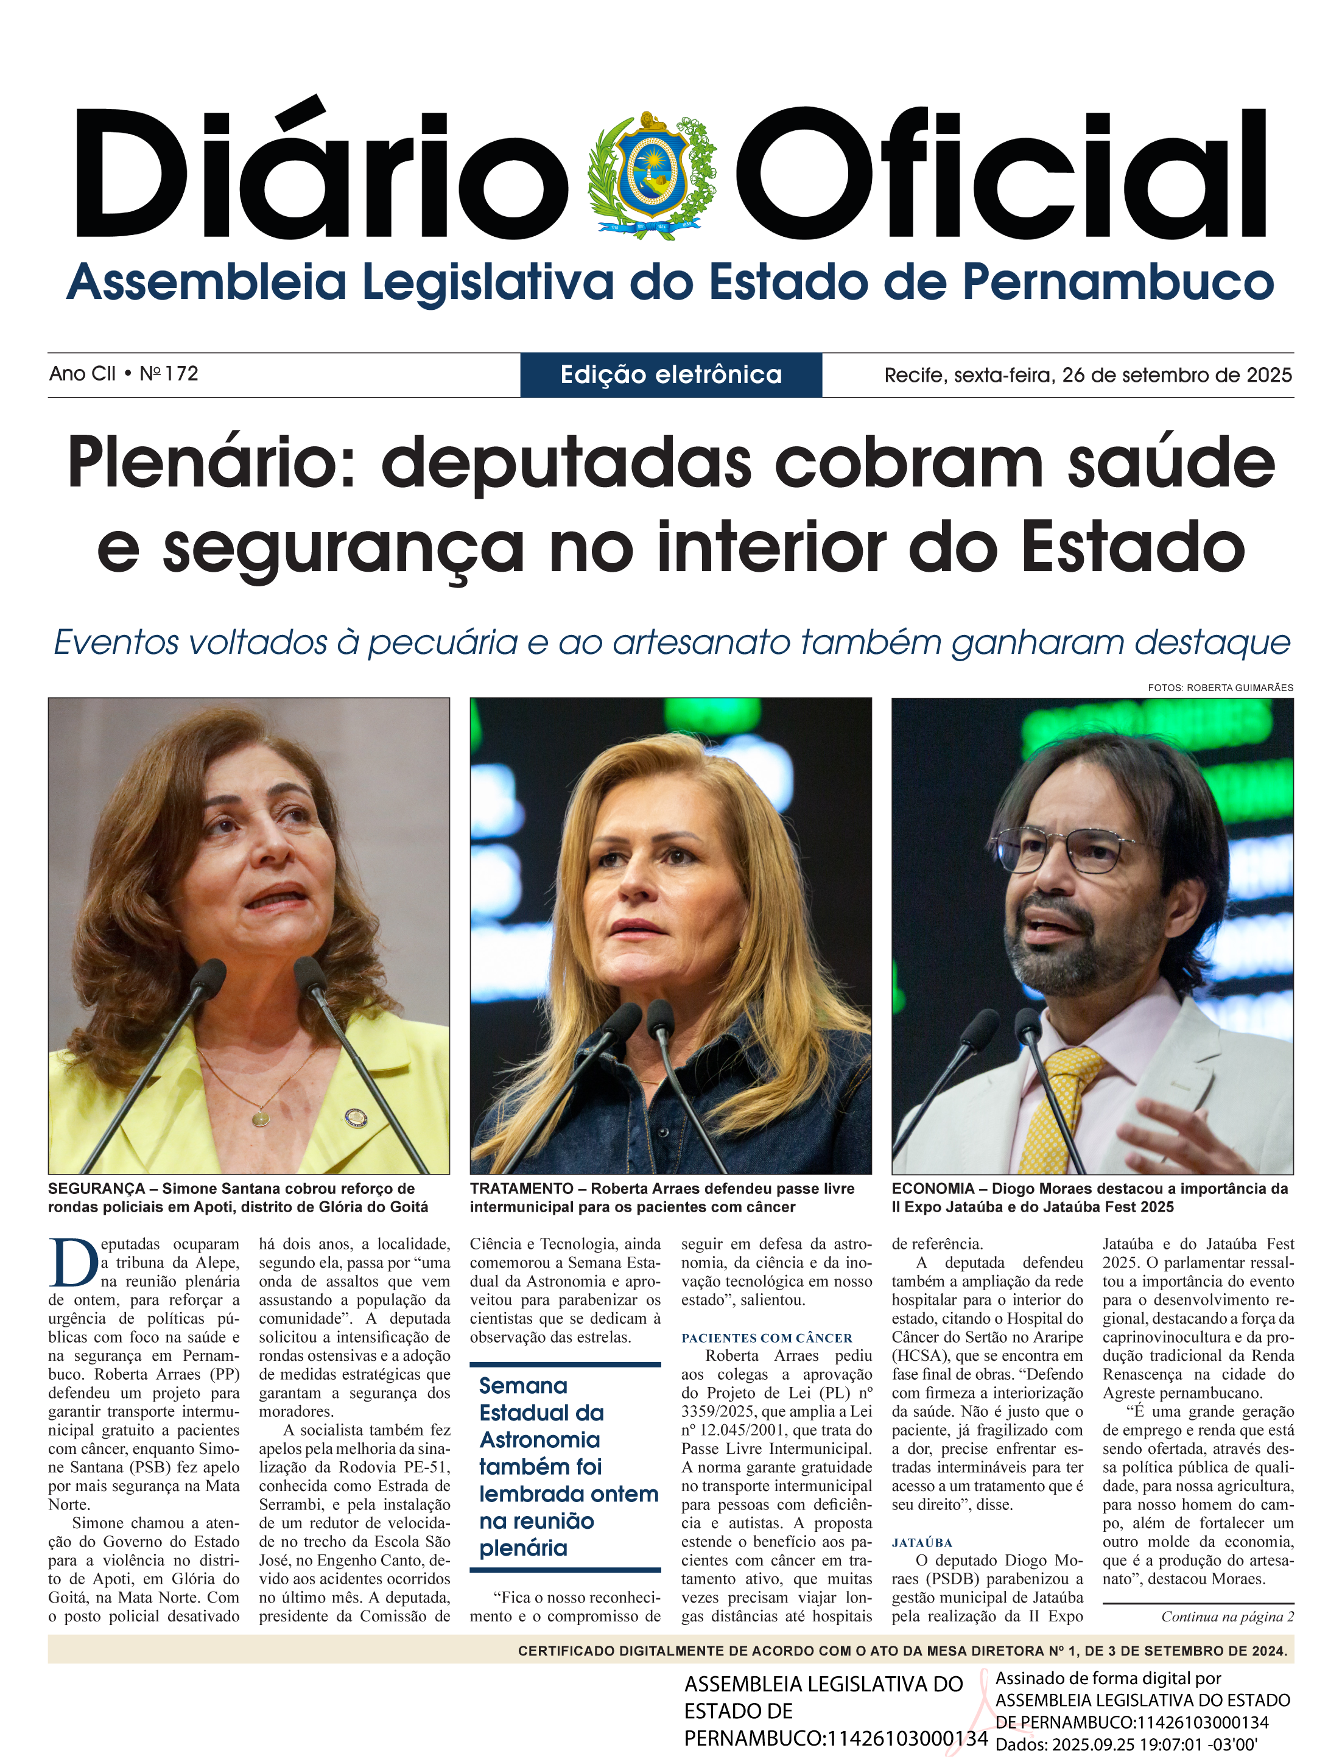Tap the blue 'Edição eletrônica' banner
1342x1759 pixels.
point(671,374)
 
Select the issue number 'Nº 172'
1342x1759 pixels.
point(169,374)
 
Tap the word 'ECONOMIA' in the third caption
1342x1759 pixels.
point(933,1188)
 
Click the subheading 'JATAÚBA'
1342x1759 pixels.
point(922,1542)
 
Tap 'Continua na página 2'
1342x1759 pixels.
point(1227,1617)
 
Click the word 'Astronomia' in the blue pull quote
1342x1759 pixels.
point(539,1439)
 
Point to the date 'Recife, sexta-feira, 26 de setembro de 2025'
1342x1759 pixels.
point(1088,374)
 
